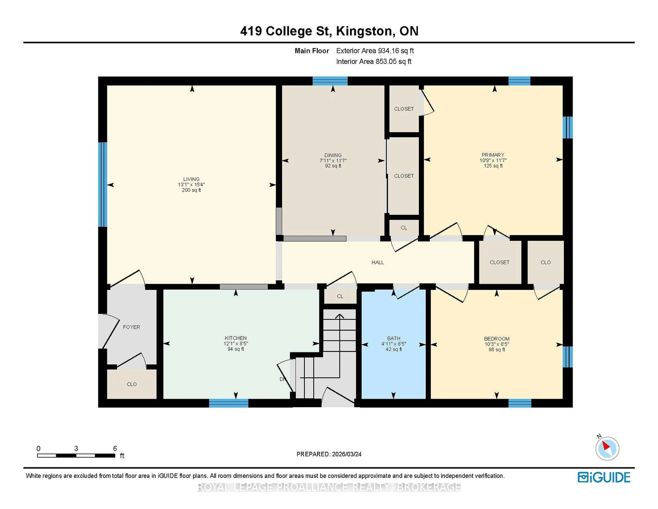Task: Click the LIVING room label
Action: (191, 179)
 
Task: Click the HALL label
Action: (377, 262)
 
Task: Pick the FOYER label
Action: (131, 327)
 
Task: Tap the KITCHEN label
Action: (236, 338)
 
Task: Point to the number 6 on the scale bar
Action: (115, 449)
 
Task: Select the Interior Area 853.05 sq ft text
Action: (374, 62)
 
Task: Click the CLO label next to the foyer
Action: (132, 384)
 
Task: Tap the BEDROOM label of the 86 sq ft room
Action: (497, 339)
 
